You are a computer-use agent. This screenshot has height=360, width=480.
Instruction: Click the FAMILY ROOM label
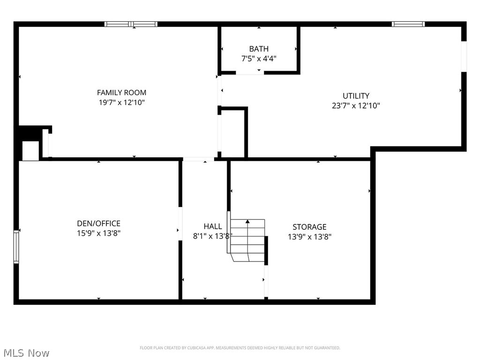coord(121,92)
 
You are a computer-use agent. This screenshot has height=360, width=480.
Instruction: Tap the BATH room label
coord(259,49)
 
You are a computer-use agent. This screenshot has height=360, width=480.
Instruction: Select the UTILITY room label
coord(356,96)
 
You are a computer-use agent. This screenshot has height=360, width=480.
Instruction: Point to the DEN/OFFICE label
coord(98,224)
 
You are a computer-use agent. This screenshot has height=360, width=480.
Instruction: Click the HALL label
coord(213,226)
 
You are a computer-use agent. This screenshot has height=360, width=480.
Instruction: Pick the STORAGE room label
coord(309,227)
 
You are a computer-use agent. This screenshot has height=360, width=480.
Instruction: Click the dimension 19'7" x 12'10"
coord(121,102)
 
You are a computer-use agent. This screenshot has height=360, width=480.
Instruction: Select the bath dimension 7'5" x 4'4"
coord(259,59)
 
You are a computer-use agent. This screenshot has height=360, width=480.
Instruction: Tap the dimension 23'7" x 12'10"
coord(356,105)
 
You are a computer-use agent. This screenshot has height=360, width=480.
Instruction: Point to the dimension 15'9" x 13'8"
coord(98,233)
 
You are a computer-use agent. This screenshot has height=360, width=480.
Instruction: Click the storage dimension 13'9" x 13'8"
coord(309,237)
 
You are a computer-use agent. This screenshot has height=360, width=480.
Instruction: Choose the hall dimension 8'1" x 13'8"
coord(213,236)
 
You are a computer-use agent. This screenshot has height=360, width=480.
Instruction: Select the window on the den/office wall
coord(16,246)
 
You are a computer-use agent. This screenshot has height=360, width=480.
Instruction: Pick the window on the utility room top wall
coord(408,24)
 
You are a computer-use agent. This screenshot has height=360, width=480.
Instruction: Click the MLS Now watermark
coord(26,352)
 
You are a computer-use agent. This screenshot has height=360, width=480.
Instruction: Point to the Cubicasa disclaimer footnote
coord(240,348)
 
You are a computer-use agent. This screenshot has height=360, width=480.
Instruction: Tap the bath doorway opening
coord(249,73)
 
